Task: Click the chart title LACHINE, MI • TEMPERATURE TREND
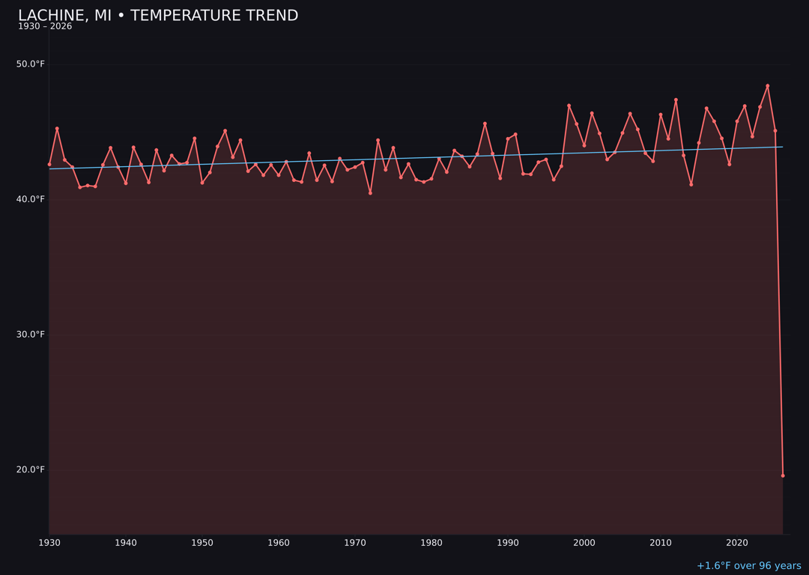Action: coord(158,16)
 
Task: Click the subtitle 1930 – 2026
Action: coord(45,27)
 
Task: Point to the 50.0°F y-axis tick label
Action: coord(31,64)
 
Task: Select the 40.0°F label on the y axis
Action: coord(31,199)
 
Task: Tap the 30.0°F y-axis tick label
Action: coord(31,334)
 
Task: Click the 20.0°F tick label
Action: coord(31,469)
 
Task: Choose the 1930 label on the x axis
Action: coord(49,542)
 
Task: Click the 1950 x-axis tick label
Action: coord(202,542)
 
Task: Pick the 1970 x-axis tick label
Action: coord(355,542)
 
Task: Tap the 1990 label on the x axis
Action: coord(508,542)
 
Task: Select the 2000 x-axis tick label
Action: coord(584,542)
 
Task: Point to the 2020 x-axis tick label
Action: coord(737,542)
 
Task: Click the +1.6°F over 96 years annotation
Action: coord(748,566)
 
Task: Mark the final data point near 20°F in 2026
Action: coord(783,475)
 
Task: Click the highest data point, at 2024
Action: coord(767,85)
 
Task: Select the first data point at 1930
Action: coord(49,164)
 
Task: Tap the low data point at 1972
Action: coord(370,193)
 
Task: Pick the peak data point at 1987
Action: coord(485,124)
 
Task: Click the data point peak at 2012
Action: coord(676,100)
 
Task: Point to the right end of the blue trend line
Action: coord(783,147)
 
